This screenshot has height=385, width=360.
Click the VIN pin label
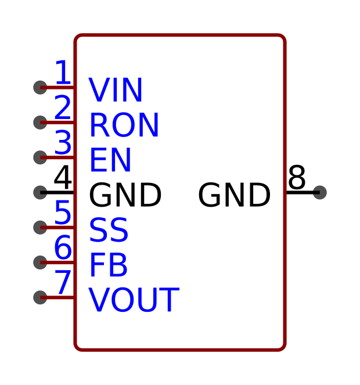[x=116, y=89]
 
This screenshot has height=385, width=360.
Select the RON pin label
[x=124, y=125]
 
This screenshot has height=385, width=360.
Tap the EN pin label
[x=110, y=160]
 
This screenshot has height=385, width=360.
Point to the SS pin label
[x=109, y=230]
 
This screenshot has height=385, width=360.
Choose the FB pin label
[x=109, y=265]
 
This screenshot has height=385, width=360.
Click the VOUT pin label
[x=134, y=300]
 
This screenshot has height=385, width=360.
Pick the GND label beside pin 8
[x=234, y=195]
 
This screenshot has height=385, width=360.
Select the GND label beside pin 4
[x=125, y=195]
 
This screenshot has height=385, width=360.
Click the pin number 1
[x=63, y=72]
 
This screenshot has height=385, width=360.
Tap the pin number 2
[x=63, y=107]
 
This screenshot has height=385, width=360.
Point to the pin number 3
[x=63, y=142]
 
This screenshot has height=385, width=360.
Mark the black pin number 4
[x=63, y=177]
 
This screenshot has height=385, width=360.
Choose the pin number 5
[x=63, y=212]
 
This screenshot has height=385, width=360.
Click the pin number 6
[x=63, y=247]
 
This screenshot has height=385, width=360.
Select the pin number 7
[x=63, y=282]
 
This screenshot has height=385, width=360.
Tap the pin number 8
[x=297, y=177]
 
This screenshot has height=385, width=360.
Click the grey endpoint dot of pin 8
[x=320, y=193]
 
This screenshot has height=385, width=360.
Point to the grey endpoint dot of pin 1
[x=40, y=88]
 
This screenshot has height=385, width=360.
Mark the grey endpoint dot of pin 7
[x=40, y=297]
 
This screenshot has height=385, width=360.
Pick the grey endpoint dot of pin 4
[x=40, y=193]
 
